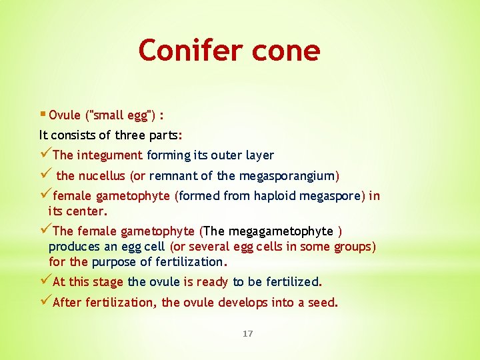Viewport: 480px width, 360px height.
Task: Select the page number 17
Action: click(x=247, y=333)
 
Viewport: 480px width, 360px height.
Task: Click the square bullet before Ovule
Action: click(x=43, y=114)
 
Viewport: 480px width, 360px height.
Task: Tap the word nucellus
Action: click(x=105, y=176)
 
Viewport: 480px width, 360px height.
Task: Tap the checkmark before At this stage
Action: click(x=45, y=281)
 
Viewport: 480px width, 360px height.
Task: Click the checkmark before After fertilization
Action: click(x=45, y=302)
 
